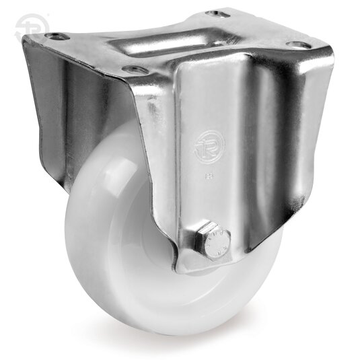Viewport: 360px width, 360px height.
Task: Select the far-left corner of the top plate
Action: [24, 40]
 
